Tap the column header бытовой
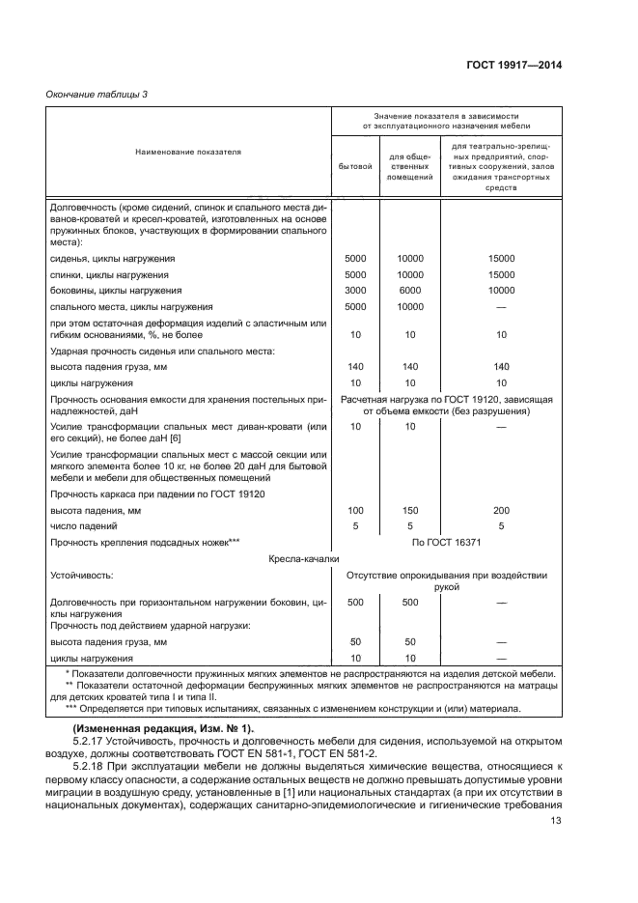355,165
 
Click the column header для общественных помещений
409,165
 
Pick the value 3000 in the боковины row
355,290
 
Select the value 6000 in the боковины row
409,290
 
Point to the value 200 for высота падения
500,510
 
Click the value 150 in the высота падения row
409,510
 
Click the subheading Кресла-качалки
291,558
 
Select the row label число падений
84,526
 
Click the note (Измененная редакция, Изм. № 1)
155,726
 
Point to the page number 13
555,822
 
